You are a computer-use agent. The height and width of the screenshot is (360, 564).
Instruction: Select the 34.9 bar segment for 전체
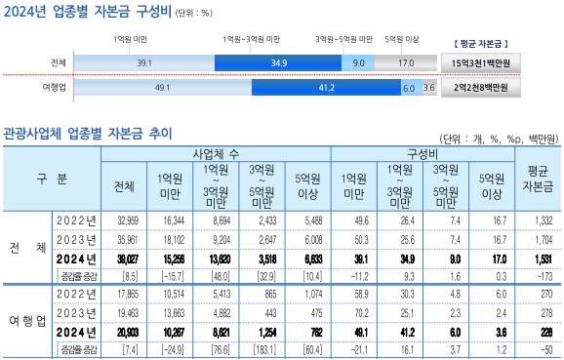277,62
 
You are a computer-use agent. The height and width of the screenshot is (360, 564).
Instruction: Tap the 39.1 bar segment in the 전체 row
143,62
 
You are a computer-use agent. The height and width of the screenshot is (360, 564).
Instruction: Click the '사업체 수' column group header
215,154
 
